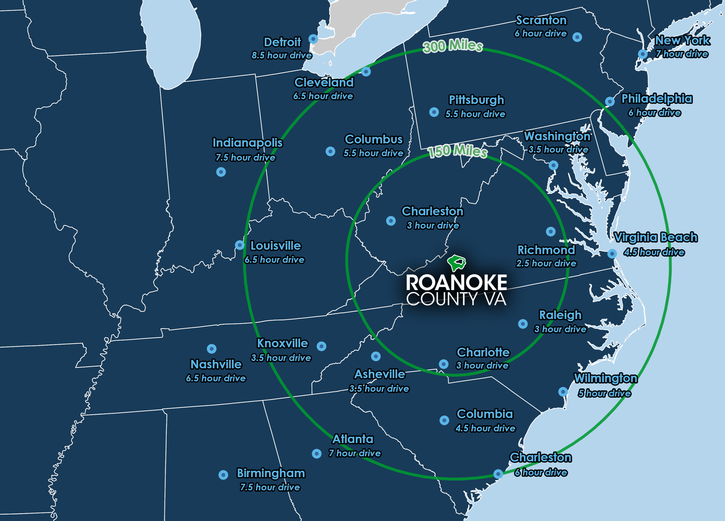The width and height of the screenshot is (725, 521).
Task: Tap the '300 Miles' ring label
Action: click(x=453, y=46)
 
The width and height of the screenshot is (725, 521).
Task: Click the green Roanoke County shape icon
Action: click(x=457, y=263)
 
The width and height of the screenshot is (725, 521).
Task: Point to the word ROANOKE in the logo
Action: click(x=456, y=282)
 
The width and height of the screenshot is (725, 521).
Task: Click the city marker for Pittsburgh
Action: click(x=434, y=112)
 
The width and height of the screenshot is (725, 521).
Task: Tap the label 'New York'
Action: click(x=683, y=40)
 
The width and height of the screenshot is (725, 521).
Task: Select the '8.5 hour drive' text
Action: click(x=282, y=55)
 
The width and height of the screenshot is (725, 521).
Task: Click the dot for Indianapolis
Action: click(x=221, y=172)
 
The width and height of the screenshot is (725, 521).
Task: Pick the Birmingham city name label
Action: click(x=271, y=473)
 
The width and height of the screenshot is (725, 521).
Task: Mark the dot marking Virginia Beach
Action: click(x=612, y=254)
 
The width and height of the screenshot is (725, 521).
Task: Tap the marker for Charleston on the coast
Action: click(x=498, y=474)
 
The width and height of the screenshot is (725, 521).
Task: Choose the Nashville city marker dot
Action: click(x=212, y=349)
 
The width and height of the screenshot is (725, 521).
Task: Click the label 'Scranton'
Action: click(x=541, y=20)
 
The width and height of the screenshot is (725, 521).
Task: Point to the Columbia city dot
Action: click(x=444, y=420)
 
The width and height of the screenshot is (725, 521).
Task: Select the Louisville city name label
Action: click(x=276, y=246)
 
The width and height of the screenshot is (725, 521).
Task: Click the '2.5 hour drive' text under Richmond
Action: click(x=546, y=263)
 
